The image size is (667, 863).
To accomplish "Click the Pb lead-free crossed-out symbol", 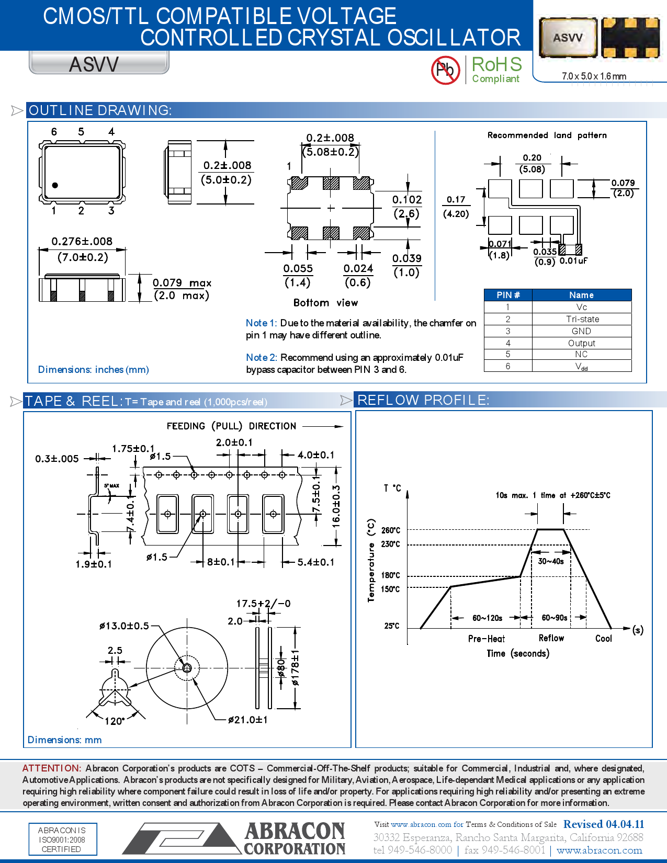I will point(445,70).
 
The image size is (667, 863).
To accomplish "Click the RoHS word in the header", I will point(496,65).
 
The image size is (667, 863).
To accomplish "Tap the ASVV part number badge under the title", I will point(95,64).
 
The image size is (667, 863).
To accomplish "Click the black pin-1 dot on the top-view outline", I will point(55,185).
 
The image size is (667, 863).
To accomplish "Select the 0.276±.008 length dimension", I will point(82,242).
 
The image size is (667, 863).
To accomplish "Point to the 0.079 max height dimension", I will point(182,283).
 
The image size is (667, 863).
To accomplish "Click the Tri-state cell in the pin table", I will point(582,319).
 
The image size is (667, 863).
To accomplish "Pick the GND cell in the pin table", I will point(581,331).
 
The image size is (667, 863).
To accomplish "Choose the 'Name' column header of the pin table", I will point(581,295).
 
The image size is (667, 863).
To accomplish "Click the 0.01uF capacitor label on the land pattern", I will point(573,261).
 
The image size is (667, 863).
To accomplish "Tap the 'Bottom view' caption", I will point(325,303).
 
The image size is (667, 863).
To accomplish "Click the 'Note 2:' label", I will point(262,358).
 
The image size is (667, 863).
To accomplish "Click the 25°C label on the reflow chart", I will point(391,626).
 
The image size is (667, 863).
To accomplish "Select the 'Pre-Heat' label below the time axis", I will point(486,639).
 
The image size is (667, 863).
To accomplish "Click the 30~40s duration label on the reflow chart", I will point(550,561).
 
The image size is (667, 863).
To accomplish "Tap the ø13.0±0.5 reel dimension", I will point(124,626).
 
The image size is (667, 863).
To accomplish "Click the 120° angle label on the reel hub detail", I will point(115,721).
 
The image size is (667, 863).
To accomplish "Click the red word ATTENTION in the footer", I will point(51,768).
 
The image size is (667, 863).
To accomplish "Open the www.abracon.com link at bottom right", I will point(599,850).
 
